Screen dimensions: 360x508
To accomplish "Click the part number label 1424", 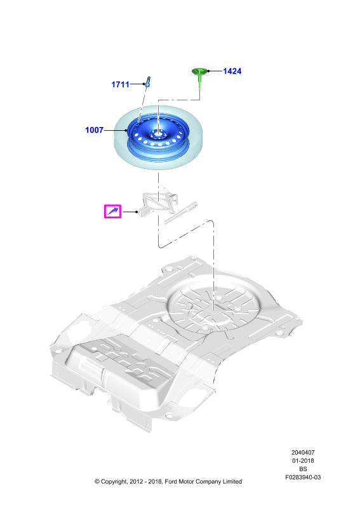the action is [232, 71].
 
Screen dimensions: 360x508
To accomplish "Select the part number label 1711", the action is [120, 84].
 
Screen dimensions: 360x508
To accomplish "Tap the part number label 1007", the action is [95, 130].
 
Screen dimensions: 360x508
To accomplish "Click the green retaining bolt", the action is [199, 76].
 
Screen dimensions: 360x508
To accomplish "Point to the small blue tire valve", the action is [148, 81].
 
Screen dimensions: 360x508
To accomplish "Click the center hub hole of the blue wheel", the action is [158, 133].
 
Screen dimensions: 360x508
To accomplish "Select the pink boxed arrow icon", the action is [112, 211].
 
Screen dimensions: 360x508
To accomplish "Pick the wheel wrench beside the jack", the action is [180, 213].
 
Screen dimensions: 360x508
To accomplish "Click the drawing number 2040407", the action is [303, 453].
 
